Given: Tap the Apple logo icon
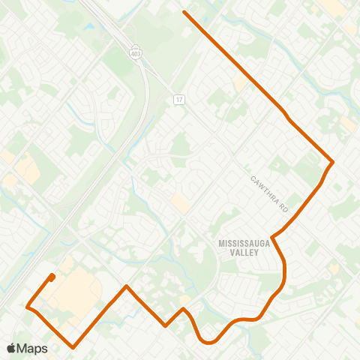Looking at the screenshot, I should pyautogui.click(x=12, y=348).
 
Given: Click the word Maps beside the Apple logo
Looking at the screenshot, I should pyautogui.click(x=32, y=348).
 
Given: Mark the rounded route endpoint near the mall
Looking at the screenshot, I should pyautogui.click(x=52, y=277).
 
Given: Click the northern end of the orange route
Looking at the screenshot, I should pyautogui.click(x=184, y=12).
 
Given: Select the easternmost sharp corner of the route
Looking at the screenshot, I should pyautogui.click(x=332, y=162).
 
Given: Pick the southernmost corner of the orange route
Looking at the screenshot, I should pyautogui.click(x=73, y=346).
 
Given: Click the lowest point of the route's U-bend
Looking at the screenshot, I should pyautogui.click(x=208, y=343).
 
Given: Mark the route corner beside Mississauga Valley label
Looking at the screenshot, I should pyautogui.click(x=272, y=237).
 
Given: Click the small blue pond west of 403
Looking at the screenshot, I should pyautogui.click(x=90, y=28).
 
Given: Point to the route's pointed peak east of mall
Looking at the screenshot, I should pyautogui.click(x=127, y=286).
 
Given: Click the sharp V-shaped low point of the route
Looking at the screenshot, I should pyautogui.click(x=166, y=326).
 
